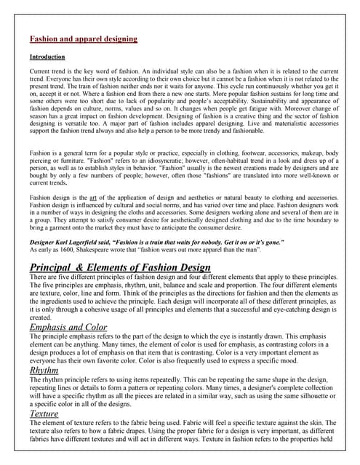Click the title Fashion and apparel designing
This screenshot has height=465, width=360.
[83, 39]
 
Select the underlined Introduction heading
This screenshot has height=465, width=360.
[47, 57]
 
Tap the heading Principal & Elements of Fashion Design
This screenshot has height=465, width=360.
[120, 267]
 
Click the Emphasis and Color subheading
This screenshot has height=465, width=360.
[68, 328]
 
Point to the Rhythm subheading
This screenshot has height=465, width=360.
[46, 371]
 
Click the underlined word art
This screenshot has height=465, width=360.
[104, 198]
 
